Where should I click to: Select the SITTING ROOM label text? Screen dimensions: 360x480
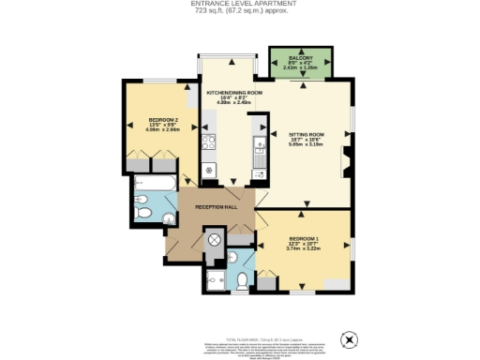coord(308,133)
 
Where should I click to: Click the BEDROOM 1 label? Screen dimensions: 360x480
coord(306,238)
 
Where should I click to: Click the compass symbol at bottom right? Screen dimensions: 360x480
coord(349,337)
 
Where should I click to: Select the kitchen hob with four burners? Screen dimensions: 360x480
coord(209,143)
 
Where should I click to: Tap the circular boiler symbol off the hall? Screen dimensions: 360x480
coord(214,240)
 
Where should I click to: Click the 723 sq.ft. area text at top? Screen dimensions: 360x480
coord(240,12)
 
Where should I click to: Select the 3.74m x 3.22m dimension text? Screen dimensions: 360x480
coord(306,249)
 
